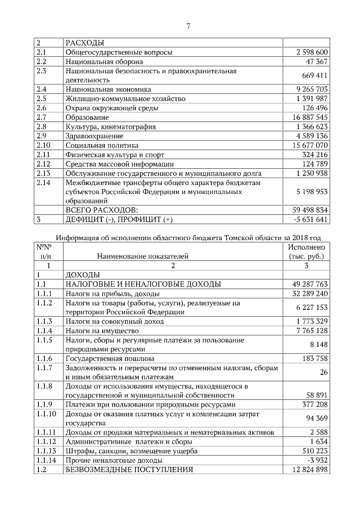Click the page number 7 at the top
(188, 25)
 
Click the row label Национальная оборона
(104, 61)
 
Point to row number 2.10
(44, 145)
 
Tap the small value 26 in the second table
(323, 372)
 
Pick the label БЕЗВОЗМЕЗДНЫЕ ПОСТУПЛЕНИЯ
(129, 469)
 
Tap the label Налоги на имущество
(98, 330)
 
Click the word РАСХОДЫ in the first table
(85, 43)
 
